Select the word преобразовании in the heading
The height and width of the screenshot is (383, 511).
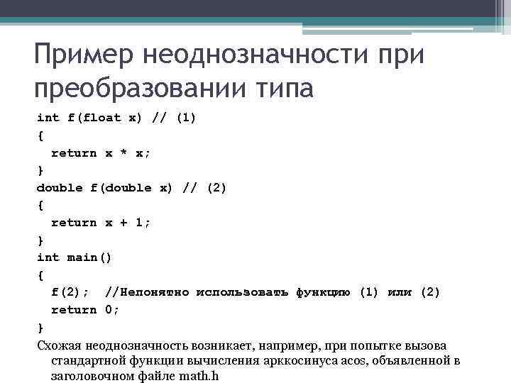138,90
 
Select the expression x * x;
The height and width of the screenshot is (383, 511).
128,152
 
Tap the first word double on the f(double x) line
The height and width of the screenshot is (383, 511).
59,188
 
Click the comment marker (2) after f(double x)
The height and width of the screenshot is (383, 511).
216,188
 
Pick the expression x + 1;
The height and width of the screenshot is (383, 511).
128,223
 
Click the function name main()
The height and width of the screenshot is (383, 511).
89,257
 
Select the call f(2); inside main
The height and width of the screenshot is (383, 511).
70,292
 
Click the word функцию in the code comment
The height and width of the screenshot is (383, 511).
323,292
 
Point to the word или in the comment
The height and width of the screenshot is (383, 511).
399,292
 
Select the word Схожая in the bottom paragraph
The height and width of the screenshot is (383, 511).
59,345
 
